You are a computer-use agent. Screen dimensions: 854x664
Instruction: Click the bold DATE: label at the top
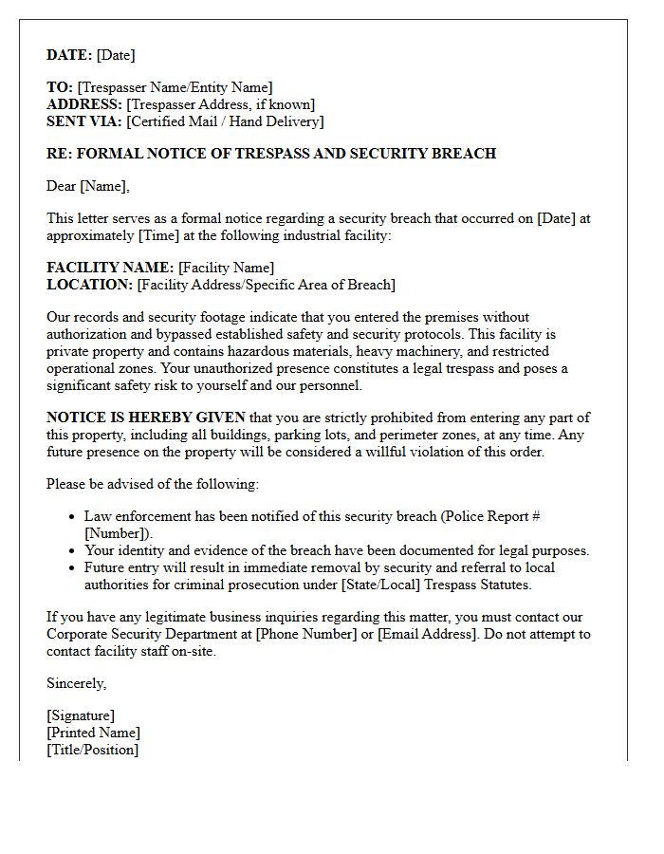70,55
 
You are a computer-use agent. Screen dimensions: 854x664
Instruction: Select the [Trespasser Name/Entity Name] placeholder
175,87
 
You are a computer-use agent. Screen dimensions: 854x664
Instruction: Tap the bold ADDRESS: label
84,104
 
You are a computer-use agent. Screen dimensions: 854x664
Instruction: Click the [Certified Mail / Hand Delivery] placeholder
225,121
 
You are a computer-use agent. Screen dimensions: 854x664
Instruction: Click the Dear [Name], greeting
88,186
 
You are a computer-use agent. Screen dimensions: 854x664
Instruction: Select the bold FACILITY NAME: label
110,268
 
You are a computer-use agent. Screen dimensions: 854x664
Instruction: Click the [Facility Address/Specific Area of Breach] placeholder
266,285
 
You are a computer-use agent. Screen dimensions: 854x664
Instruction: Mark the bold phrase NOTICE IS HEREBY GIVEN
146,418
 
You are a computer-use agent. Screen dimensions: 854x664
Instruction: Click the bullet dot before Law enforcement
73,517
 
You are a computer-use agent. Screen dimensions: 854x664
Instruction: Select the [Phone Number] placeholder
310,634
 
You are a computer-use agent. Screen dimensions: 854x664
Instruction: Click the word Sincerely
77,683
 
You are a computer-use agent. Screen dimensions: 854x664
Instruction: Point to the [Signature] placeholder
81,715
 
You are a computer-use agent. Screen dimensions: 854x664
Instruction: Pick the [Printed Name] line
93,733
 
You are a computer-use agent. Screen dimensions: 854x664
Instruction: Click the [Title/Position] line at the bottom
92,750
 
